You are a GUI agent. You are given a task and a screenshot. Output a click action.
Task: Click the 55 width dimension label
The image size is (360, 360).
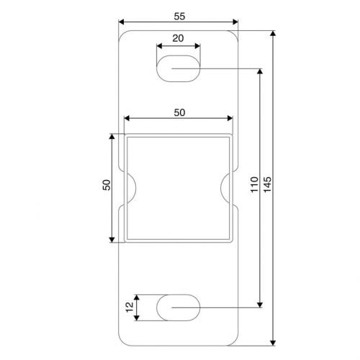coord(179,17)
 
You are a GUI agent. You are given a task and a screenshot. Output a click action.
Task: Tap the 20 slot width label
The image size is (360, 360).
coord(178,38)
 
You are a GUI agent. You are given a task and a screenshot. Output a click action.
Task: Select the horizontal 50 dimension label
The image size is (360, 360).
coord(179,112)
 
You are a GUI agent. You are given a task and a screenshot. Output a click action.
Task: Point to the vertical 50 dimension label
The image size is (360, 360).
coord(107,185)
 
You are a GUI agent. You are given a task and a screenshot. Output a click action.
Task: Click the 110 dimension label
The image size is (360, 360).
coord(254,184)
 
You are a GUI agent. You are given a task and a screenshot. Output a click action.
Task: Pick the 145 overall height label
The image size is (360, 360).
coord(267,184)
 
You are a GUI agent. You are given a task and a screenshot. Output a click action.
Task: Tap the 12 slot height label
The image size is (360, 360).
coord(130,307)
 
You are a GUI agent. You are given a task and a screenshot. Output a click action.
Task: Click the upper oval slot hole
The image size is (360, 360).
coord(178,68)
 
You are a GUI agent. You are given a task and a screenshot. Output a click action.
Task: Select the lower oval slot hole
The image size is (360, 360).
coord(178,307)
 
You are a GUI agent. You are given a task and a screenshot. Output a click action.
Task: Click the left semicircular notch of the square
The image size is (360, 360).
coord(136,187)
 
